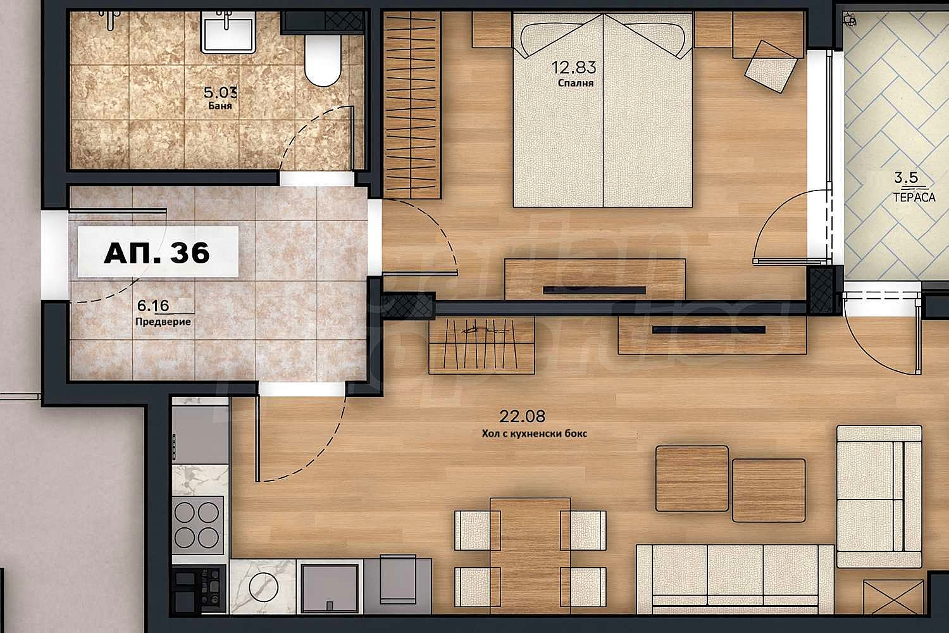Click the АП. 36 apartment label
pos(157,253)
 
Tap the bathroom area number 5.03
pos(220,92)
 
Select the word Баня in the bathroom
pos(220,106)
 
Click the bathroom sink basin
pos(228,33)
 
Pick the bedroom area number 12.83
pos(574,67)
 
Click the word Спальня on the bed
pos(575,83)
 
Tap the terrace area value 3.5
pos(906,178)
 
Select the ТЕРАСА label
pos(914,197)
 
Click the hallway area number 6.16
pos(153,305)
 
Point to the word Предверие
pos(163,322)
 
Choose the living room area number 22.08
pos(522,417)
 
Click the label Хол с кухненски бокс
pos(534,434)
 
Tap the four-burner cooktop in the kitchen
pos(197,525)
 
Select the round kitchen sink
pos(263,587)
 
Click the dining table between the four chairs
pos(530,556)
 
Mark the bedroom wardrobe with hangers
pos(412,105)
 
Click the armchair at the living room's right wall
pos(879,496)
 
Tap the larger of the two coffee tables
pos(692,479)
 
